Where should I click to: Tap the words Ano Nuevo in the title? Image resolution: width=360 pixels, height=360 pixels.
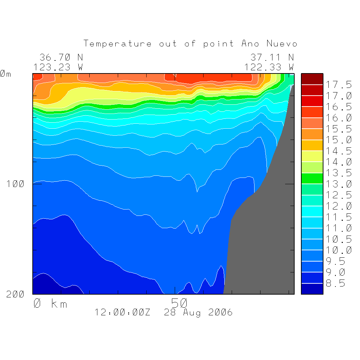[x=269, y=44]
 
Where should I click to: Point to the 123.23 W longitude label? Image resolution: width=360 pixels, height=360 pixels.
[x=58, y=67]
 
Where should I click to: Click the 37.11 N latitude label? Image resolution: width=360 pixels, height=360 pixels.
[x=272, y=57]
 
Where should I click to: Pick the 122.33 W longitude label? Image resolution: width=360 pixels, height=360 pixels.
[x=269, y=67]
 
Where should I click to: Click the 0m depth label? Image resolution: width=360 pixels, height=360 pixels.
[x=5, y=74]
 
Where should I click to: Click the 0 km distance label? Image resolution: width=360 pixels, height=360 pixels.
[x=50, y=303]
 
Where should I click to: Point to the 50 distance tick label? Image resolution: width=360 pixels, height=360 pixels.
[x=180, y=303]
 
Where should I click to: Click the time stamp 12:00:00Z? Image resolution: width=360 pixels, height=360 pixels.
[x=122, y=313]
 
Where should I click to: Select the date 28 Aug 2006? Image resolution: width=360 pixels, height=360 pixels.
[x=198, y=313]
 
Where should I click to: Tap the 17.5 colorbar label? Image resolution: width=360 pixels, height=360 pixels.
[x=339, y=85]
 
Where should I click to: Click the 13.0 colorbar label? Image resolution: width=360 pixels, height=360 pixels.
[x=339, y=184]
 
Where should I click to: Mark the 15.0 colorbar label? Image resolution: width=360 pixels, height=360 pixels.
[x=339, y=140]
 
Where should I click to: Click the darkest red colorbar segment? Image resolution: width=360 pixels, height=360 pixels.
[x=312, y=79]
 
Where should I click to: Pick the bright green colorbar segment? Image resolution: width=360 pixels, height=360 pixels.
[x=312, y=178]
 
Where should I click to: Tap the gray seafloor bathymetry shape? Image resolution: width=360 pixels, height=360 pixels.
[x=267, y=239]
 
